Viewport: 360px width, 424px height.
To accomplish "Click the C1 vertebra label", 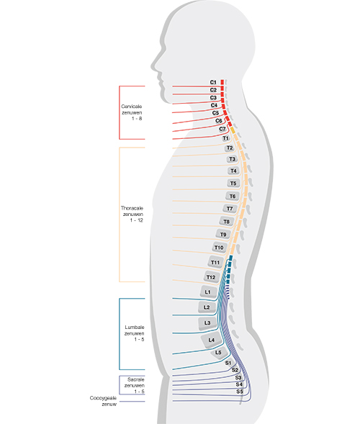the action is point(213,82).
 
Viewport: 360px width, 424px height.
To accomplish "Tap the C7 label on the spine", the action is point(222,129).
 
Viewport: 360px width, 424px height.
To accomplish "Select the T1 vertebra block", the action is point(225,138).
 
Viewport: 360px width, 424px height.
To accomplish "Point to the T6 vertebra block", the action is point(233,197).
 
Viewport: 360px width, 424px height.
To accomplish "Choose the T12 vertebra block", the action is point(211,277).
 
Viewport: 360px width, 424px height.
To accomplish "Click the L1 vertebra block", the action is point(207,292).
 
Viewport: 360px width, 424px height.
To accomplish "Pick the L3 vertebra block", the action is point(207,323).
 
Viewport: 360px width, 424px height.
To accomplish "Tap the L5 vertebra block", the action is point(219,353).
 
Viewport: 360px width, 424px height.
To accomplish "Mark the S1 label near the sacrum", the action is point(228,363).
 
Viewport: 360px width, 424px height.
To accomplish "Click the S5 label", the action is point(240,392).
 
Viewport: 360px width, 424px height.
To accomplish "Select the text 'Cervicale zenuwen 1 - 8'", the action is point(132,112).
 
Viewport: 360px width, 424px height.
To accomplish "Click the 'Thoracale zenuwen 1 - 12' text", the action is point(132,215).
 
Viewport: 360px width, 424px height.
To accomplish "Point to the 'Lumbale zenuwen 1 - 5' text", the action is point(135,333).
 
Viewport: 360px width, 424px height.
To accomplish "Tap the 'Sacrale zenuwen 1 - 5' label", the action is point(135,386).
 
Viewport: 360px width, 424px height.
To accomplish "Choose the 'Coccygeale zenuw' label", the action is point(104,401).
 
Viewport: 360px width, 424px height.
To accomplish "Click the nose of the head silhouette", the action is point(152,66).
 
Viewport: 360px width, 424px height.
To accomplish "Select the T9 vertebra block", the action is point(223,235).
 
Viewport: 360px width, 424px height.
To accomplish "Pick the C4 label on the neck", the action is point(214,105).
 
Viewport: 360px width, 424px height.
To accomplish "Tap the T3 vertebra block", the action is point(232,159).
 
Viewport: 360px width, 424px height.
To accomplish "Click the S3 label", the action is point(238,377).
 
